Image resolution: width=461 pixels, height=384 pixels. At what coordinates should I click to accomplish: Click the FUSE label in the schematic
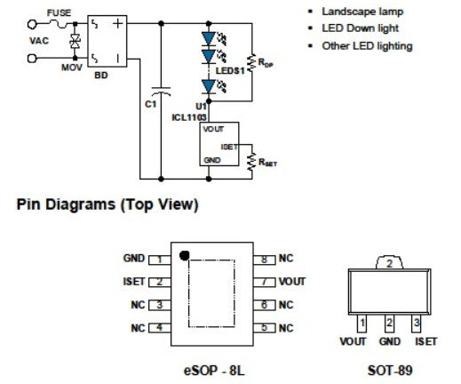tap(59, 13)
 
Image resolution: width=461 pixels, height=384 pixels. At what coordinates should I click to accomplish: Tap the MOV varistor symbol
tap(76, 41)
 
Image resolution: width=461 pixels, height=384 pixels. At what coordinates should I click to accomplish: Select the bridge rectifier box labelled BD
tap(107, 41)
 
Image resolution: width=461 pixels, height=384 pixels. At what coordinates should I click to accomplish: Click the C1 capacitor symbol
tap(161, 92)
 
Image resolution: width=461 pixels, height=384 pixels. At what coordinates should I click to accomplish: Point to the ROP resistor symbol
tap(251, 62)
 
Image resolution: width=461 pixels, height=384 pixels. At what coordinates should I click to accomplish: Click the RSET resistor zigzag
tap(251, 162)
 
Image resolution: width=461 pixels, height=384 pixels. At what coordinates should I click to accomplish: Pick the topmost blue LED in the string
tap(209, 39)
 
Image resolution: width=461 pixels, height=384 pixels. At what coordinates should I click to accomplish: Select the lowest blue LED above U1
tap(209, 87)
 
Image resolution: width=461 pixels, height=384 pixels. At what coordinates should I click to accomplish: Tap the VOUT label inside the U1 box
tap(213, 129)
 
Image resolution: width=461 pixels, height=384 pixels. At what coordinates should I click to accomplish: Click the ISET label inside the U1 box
tap(229, 147)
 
